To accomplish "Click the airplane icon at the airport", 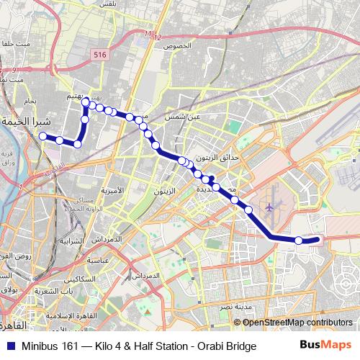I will pos(270,208).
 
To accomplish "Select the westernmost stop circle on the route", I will pos(43,136).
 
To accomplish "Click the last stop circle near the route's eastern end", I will pos(299,240).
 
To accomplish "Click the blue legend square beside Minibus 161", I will pos(9,346).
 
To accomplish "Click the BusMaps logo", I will pos(325,346).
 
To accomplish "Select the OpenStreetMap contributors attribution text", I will pos(298,323).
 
